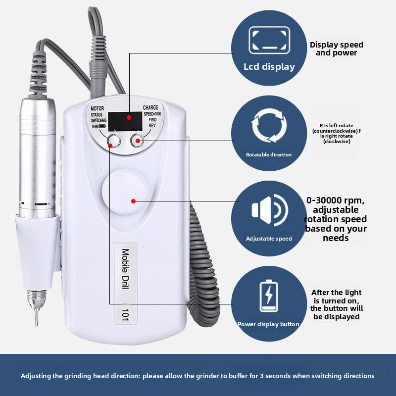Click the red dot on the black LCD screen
click(129, 117)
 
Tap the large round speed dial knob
click(124, 192)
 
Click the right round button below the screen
click(137, 141)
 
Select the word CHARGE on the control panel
click(150, 107)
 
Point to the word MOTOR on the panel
click(97, 108)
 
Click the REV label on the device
click(152, 126)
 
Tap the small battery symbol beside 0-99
click(102, 126)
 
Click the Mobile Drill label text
click(126, 268)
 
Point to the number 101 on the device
click(126, 314)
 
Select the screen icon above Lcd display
click(269, 41)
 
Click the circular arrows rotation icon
click(269, 126)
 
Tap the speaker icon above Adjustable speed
click(270, 210)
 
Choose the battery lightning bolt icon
click(269, 296)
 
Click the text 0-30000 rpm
click(336, 200)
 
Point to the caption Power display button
click(268, 324)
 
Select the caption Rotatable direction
click(269, 154)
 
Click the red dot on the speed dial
click(134, 201)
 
